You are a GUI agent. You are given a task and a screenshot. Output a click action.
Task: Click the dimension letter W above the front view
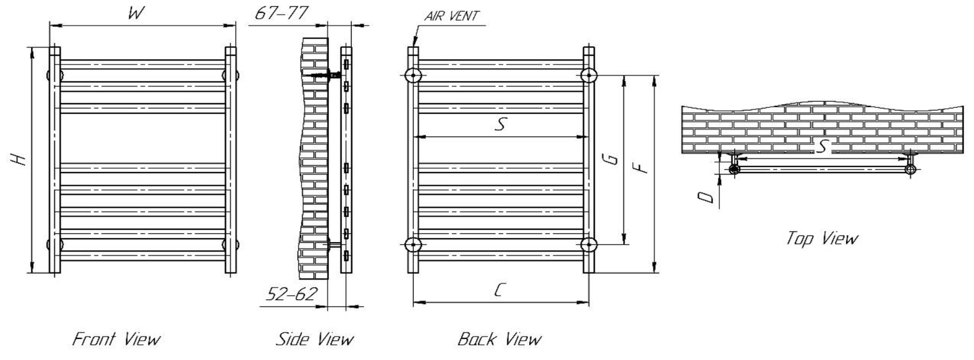click(x=135, y=13)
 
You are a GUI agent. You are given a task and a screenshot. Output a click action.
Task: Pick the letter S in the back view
click(x=499, y=124)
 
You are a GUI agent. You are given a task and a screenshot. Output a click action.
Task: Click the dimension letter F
click(x=643, y=164)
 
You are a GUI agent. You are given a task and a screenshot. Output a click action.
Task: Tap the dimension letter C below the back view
click(x=499, y=291)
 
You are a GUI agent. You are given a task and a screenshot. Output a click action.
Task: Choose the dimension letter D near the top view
click(x=706, y=196)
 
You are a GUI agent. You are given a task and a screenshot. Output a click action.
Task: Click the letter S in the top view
click(x=822, y=146)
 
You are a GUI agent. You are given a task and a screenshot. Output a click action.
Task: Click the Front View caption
click(x=117, y=338)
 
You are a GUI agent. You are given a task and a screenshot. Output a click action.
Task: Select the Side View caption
click(x=314, y=338)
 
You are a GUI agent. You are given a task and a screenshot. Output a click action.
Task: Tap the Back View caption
click(x=499, y=338)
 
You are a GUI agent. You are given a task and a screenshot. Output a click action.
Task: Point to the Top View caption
click(x=822, y=239)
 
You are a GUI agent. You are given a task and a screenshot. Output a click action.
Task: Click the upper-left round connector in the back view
click(x=413, y=76)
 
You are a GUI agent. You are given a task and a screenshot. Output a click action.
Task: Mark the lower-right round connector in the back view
click(x=589, y=245)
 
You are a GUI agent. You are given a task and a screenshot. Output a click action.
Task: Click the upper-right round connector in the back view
click(x=589, y=76)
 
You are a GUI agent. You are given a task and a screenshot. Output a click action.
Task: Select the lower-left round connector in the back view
click(x=413, y=245)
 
